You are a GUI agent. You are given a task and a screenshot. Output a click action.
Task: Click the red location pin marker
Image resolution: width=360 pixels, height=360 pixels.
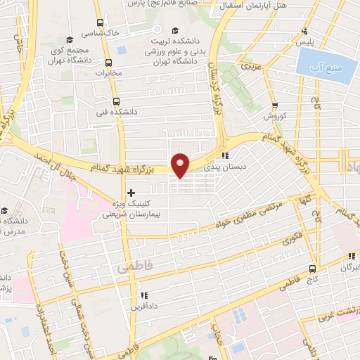click(x=181, y=165)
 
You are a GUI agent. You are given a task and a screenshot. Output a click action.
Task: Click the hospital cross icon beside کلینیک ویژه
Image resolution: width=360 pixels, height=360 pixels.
click(x=131, y=192)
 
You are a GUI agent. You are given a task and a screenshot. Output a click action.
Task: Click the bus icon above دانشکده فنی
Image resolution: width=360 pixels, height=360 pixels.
click(x=116, y=100)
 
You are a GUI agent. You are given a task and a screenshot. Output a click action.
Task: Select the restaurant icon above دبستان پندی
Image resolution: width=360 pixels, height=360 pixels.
click(x=224, y=155)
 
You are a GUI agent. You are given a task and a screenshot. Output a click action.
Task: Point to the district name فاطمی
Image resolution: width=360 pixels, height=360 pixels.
click(x=129, y=267)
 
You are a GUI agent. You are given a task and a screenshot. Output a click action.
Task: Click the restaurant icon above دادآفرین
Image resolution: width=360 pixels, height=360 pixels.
click(x=144, y=295)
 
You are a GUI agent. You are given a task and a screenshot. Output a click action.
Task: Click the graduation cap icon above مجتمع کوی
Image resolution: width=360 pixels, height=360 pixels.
click(x=69, y=39)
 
